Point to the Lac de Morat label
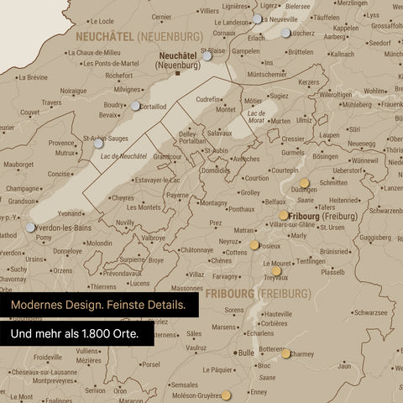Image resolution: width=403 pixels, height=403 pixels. tap(257, 117)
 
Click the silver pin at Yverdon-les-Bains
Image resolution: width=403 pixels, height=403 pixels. tap(31, 227)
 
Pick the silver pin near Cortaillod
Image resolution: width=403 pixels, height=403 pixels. tap(136, 106)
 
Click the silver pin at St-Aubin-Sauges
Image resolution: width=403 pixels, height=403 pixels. tap(98, 144)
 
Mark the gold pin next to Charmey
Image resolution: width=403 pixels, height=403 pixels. tap(286, 353)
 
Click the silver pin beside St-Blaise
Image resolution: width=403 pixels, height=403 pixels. tap(207, 56)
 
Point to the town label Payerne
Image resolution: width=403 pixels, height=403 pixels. tap(177, 195)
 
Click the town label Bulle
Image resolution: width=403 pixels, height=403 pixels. tap(246, 353)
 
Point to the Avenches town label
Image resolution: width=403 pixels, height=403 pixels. tap(246, 159)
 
